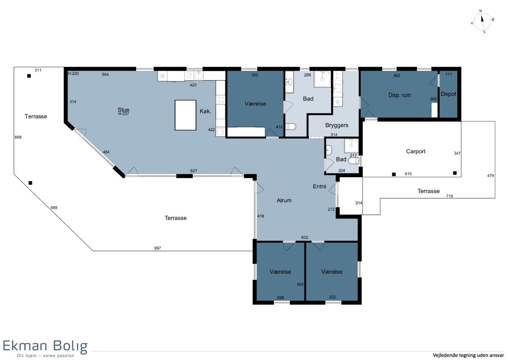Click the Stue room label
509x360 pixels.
[x=123, y=110]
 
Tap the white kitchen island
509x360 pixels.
[x=185, y=115]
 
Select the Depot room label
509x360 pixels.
[x=448, y=94]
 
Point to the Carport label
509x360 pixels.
[x=416, y=151]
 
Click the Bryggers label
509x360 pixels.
[x=336, y=125]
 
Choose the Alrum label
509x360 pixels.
[x=284, y=200]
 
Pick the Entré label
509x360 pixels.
[x=319, y=186]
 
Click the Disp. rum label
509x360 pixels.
[x=400, y=95]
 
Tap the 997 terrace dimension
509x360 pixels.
[x=157, y=248]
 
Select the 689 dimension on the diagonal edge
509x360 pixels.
[x=54, y=208]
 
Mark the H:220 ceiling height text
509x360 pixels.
[x=73, y=73]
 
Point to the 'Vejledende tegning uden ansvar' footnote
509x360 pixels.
[x=468, y=355]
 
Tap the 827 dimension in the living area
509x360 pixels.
[x=193, y=171]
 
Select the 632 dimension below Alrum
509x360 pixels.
[x=305, y=237]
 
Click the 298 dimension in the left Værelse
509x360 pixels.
[x=280, y=298]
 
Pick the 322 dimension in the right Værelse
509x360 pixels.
[x=332, y=297]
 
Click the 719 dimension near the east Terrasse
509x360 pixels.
[x=449, y=196]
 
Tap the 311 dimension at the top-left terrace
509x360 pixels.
[x=38, y=70]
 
